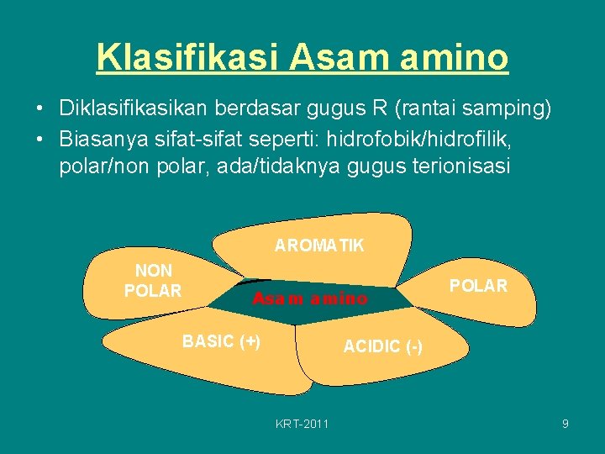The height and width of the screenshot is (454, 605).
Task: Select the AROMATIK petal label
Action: pos(319,245)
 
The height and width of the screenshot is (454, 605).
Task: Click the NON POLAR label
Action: pos(153,281)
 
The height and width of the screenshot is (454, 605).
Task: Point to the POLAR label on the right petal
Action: pos(478,286)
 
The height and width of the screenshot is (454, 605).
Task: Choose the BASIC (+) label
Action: pos(221,340)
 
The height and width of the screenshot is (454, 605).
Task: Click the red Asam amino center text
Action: pos(310,298)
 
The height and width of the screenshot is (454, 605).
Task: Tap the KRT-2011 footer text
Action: pos(302,424)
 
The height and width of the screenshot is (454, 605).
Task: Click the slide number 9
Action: pos(566,424)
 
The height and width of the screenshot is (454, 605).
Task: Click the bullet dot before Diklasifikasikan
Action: pos(39,109)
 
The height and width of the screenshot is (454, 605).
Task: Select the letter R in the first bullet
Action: pos(381,108)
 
